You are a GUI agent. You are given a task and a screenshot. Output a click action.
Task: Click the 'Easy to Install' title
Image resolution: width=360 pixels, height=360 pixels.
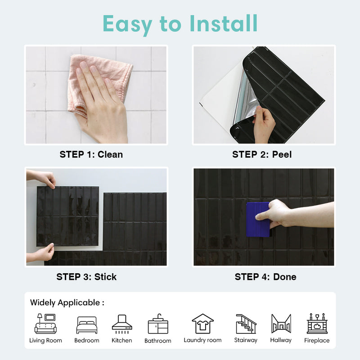[x=180, y=23]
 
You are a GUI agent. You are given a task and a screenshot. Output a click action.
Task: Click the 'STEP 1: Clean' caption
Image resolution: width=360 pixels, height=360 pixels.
[x=91, y=154]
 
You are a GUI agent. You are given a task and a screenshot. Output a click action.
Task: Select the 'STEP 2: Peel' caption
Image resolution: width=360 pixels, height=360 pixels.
[x=262, y=154]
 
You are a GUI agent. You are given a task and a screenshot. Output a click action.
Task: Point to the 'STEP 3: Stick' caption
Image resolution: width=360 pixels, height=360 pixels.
[x=86, y=277]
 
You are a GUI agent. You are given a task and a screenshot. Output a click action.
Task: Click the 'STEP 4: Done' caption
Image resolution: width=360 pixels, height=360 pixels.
[x=265, y=277]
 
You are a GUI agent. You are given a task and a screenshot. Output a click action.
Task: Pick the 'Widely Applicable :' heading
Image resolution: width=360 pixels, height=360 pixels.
[x=67, y=302]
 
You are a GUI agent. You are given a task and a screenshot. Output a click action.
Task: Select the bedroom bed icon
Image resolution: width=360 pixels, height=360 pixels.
[x=86, y=325]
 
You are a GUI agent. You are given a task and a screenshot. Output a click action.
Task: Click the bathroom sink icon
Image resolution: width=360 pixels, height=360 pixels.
[x=158, y=324]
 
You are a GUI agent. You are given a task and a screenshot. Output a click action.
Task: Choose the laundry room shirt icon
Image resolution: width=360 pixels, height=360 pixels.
[x=202, y=324]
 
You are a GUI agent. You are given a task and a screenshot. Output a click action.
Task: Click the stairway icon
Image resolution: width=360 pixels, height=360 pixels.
[x=246, y=324]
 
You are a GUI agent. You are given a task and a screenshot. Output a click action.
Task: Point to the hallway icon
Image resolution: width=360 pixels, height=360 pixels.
[x=281, y=324]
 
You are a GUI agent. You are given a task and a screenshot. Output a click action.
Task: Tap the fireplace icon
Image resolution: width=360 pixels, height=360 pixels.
[x=317, y=324]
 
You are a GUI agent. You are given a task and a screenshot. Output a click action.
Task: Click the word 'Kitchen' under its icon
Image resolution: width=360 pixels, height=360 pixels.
[x=121, y=340]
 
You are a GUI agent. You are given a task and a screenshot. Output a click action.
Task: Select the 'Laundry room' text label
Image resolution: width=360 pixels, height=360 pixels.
[x=202, y=340]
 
